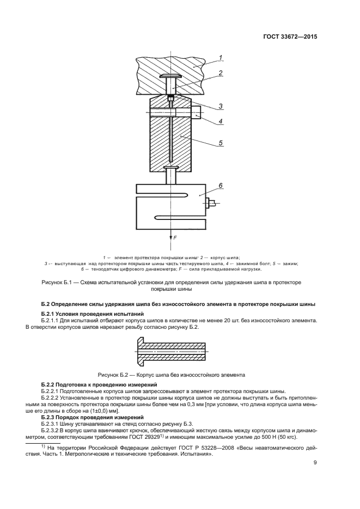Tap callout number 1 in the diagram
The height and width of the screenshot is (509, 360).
click(220, 57)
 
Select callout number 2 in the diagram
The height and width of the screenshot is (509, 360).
click(220, 72)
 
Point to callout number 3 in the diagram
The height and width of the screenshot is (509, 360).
click(220, 106)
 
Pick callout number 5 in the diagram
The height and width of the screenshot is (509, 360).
click(220, 144)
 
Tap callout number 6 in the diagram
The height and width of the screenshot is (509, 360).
click(220, 186)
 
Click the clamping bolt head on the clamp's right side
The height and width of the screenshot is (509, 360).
click(196, 113)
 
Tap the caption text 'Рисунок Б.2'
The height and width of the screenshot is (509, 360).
click(116, 375)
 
